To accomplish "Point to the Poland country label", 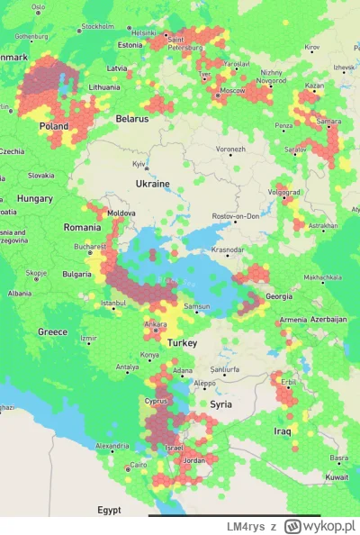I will pos(53,127).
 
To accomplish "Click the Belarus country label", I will pos(131,118).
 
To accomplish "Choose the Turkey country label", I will pos(181,344).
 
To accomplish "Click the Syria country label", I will pos(220,404).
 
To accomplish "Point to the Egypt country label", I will pos(109,509).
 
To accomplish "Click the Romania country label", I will pos(82,228).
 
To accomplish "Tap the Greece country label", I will pos(52,331).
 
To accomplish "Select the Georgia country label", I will pos(278,296).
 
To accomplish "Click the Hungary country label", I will pos(35,198).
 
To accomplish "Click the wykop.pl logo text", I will pos(320,525).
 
